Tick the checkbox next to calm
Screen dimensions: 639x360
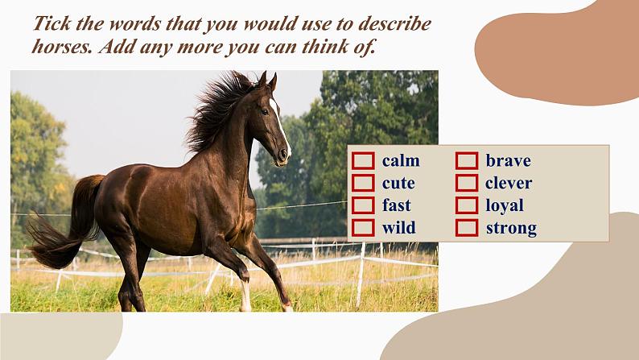click(363, 160)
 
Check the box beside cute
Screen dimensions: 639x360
click(363, 183)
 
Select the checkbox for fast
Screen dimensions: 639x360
click(363, 205)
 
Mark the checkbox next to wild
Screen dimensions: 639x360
click(363, 228)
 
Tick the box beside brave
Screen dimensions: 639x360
click(467, 160)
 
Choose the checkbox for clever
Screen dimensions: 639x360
click(467, 183)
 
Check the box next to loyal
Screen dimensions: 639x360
click(467, 205)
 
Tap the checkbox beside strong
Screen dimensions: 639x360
click(467, 228)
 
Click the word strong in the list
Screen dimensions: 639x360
click(512, 229)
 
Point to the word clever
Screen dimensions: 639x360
click(509, 183)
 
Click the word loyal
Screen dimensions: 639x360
click(505, 206)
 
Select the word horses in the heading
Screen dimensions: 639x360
click(62, 47)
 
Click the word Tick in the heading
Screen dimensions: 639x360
click(52, 23)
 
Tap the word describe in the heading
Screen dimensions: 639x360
click(394, 23)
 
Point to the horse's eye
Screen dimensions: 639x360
click(265, 111)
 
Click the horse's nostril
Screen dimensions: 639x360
click(282, 154)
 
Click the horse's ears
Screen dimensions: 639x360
click(267, 81)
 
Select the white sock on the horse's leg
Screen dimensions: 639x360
click(245, 296)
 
